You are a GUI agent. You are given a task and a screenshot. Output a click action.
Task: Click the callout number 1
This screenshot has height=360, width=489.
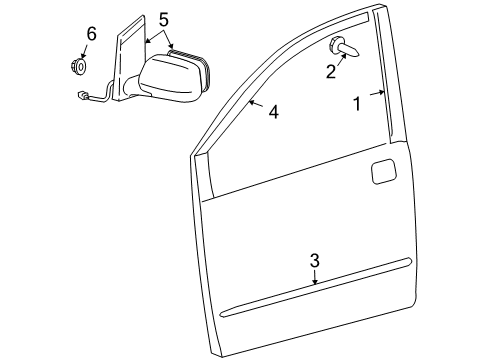click(357, 104)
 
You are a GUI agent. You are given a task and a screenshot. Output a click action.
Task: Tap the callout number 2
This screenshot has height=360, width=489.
click(330, 72)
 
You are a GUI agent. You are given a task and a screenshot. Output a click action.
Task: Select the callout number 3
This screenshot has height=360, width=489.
click(314, 261)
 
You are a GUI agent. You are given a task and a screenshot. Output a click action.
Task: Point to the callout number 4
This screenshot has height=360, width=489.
click(273, 113)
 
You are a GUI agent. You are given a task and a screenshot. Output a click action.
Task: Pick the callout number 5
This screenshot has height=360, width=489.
click(164, 18)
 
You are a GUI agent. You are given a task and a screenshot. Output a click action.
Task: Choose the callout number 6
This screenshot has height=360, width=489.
click(91, 34)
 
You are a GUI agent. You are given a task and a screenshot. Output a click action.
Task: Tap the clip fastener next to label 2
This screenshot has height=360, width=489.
click(342, 47)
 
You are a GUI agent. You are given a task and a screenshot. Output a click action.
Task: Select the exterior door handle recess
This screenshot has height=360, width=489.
click(384, 171)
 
